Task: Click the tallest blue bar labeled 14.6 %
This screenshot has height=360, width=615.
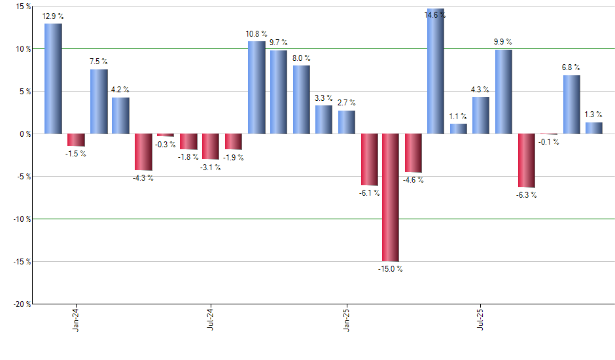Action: pyautogui.click(x=436, y=71)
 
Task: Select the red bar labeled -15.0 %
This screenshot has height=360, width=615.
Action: pyautogui.click(x=391, y=197)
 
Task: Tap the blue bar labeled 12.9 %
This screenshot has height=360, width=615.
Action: pyautogui.click(x=53, y=79)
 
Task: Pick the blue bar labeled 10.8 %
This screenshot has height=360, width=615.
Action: pyautogui.click(x=256, y=88)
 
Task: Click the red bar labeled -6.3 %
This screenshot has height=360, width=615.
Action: pyautogui.click(x=526, y=160)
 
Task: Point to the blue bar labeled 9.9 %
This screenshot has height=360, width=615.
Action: pyautogui.click(x=504, y=92)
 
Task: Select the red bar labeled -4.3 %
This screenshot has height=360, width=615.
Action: pyautogui.click(x=143, y=152)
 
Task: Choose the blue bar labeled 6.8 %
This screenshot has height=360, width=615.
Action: pyautogui.click(x=571, y=105)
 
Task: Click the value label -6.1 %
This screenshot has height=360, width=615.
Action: pyautogui.click(x=368, y=193)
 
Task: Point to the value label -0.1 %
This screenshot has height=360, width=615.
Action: pyautogui.click(x=549, y=142)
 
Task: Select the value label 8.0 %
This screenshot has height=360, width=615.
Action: pyautogui.click(x=302, y=58)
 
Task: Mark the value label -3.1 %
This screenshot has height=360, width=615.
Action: pyautogui.click(x=211, y=168)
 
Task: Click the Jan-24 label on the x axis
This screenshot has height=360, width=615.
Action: pyautogui.click(x=76, y=319)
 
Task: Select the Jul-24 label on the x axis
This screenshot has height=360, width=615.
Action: pyautogui.click(x=211, y=319)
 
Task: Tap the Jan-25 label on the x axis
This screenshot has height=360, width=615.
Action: pyautogui.click(x=346, y=319)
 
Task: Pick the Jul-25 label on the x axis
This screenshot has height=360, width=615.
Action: pyautogui.click(x=482, y=319)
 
